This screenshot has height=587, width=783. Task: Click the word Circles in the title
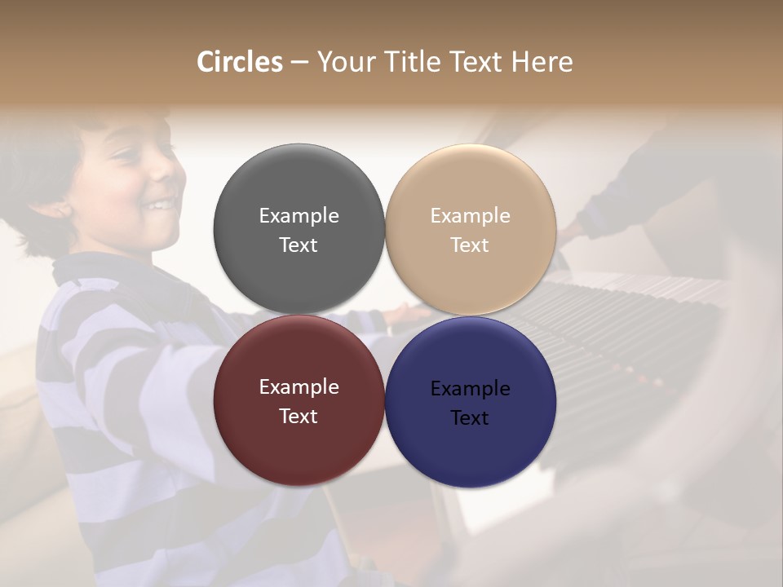point(239,62)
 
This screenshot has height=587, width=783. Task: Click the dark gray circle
point(299,188)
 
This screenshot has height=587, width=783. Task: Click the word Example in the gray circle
point(299,215)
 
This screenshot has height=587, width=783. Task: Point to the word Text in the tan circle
point(470,245)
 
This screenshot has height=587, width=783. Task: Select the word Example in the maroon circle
point(299,386)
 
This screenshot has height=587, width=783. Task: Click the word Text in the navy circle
point(470,417)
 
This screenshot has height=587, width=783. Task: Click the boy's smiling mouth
point(162,204)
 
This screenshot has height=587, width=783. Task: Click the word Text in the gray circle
point(299,245)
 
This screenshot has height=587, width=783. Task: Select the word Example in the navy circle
point(470,388)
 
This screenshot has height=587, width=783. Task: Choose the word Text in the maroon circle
point(299,416)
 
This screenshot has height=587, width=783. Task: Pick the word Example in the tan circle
point(470,215)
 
